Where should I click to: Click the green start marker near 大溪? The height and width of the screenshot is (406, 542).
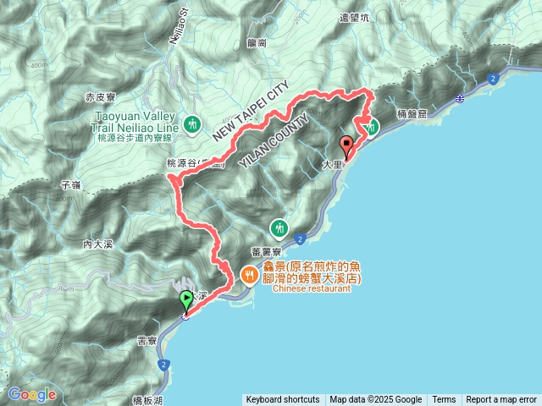click(x=185, y=300)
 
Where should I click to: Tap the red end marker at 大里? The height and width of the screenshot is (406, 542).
click(x=346, y=145)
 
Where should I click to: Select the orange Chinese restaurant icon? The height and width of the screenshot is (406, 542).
click(x=249, y=273)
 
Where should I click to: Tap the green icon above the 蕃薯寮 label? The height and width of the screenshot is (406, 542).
click(x=279, y=228)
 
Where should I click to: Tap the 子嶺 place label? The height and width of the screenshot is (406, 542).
click(x=71, y=184)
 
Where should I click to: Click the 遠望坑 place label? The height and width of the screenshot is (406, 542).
click(x=355, y=16)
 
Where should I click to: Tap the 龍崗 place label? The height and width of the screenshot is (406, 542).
click(x=257, y=41)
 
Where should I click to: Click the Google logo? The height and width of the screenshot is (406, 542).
click(x=32, y=394)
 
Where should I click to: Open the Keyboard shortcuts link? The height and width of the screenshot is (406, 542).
click(x=283, y=400)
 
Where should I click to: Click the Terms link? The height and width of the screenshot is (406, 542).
click(x=444, y=400)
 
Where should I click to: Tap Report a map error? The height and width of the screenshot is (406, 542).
click(x=501, y=400)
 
